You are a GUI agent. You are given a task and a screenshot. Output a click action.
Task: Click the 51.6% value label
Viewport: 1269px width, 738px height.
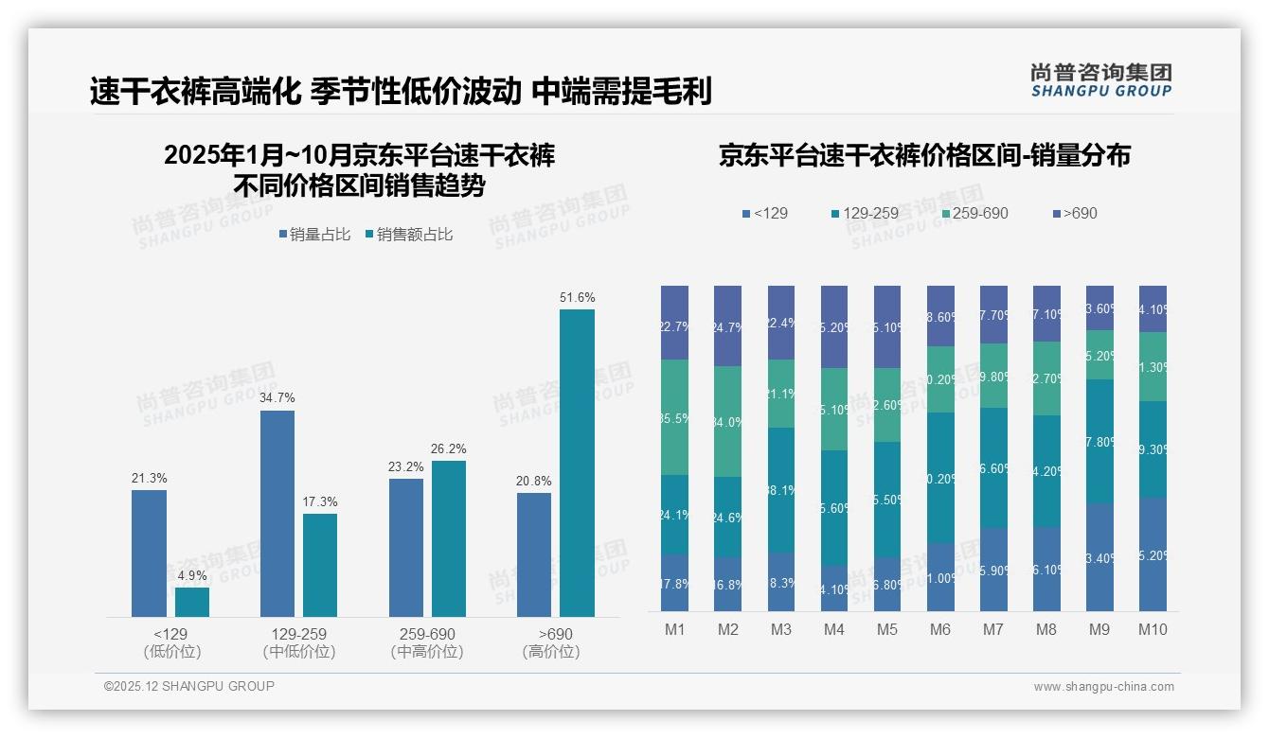577,297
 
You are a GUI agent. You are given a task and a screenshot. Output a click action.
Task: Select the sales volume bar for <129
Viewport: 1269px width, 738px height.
149,553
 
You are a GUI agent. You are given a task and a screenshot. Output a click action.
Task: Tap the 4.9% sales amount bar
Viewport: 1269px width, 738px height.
192,602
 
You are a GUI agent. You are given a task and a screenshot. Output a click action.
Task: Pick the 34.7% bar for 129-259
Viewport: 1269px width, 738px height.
277,513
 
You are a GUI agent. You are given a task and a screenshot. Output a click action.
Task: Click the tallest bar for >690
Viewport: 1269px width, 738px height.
577,463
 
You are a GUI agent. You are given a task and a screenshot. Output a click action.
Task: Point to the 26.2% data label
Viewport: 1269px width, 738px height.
448,448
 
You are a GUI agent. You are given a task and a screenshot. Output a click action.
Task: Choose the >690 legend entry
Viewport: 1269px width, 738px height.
1073,213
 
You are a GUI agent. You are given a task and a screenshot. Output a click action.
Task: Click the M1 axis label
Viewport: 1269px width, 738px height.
674,629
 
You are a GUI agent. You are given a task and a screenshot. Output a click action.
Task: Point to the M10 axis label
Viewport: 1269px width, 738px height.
1153,629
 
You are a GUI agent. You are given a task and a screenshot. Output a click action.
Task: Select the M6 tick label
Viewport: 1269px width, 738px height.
940,629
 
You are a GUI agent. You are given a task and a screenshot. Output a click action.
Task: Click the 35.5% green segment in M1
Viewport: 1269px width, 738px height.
674,416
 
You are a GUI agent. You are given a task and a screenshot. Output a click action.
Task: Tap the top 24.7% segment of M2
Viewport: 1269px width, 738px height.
727,325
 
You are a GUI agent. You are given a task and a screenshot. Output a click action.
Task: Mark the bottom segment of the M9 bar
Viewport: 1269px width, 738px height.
1099,556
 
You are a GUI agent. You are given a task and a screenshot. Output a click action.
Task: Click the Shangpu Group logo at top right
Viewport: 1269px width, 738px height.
1100,79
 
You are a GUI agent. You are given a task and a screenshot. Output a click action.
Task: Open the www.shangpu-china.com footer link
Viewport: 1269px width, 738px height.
1103,687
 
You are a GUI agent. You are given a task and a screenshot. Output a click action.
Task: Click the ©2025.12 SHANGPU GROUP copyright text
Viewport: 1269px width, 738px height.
188,686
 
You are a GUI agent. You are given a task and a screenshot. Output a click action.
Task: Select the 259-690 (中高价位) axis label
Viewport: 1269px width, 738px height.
426,642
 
